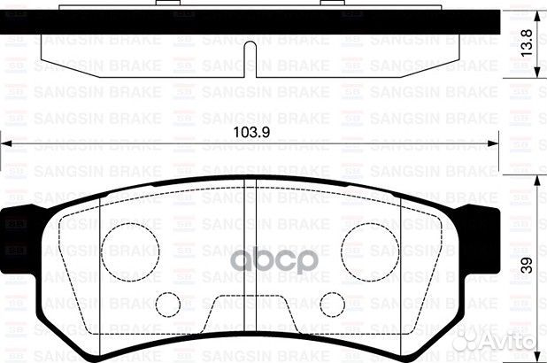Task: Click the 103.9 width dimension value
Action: [250, 132]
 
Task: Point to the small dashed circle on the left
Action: [166, 305]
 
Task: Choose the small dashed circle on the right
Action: [332, 305]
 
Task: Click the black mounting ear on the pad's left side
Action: [19, 235]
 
